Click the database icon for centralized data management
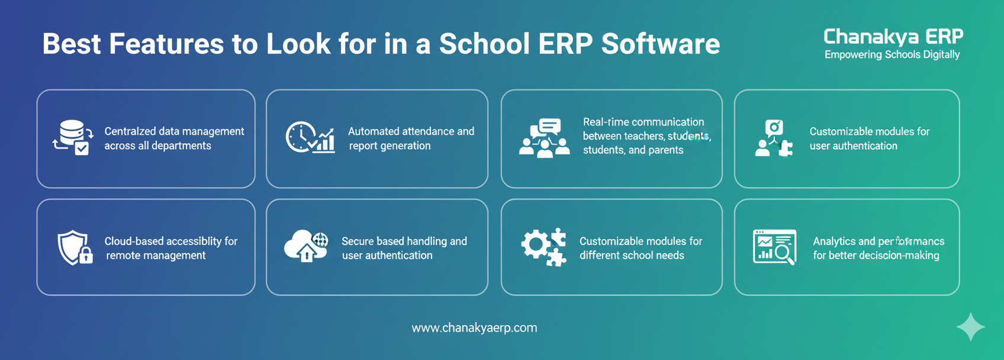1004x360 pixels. click(x=73, y=137)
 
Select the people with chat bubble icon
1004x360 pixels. click(x=544, y=138)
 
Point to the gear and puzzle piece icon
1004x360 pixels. click(x=543, y=246)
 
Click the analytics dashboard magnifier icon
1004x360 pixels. click(x=774, y=246)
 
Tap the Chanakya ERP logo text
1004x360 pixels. click(x=893, y=37)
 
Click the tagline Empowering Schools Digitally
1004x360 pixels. click(x=892, y=55)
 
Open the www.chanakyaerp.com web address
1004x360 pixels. click(x=474, y=327)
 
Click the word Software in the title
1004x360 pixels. click(x=660, y=44)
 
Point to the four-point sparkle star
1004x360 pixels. click(x=970, y=327)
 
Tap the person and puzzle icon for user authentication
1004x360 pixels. click(x=773, y=138)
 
